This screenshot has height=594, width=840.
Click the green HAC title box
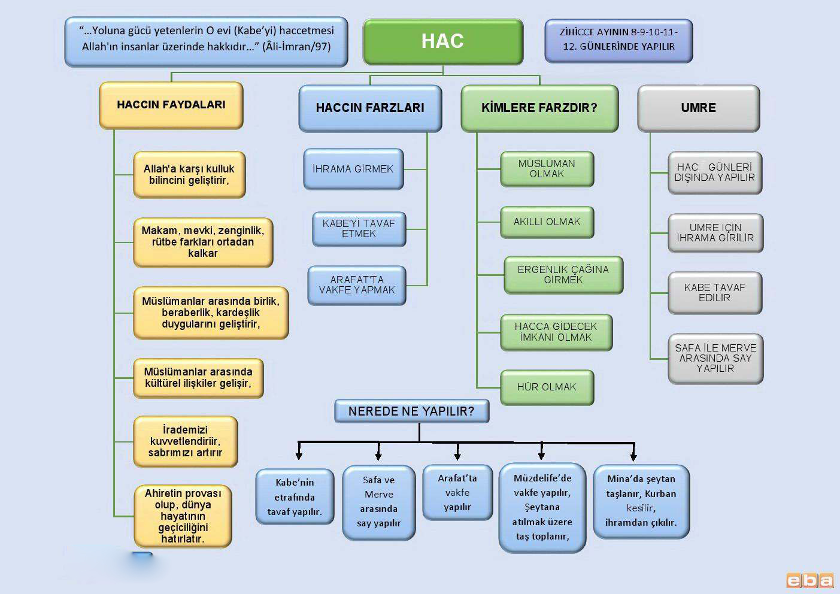442,41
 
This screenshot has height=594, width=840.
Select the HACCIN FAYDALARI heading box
171,105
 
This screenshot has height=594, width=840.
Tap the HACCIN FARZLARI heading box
370,108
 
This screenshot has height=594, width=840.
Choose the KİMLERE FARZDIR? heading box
539,108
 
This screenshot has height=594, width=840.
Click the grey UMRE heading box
698,108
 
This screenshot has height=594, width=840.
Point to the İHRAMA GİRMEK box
353,169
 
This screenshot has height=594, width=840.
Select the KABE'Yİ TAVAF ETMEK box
359,229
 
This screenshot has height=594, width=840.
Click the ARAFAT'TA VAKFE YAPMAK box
357,285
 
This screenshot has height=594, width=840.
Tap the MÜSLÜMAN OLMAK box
547,169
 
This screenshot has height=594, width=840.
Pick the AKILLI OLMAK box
547,222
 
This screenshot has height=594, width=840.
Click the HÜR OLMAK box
547,387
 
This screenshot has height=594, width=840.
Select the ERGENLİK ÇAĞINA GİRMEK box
563,275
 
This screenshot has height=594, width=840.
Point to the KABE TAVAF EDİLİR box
714,293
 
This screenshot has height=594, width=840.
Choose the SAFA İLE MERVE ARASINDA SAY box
715,358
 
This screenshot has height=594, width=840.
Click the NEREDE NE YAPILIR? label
411,411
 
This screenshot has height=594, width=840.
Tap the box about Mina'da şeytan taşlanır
641,501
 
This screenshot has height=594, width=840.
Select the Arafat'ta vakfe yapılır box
457,492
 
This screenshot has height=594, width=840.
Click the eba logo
809,580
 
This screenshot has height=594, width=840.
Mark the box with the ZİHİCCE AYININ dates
618,40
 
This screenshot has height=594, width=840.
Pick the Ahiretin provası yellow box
183,516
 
